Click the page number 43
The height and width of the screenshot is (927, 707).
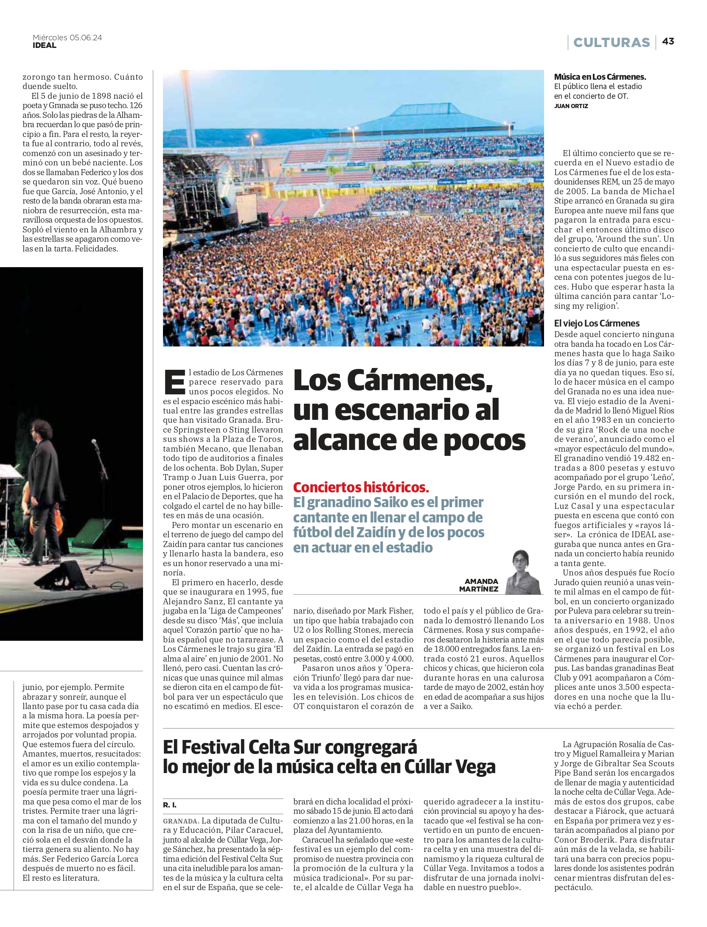pyautogui.click(x=668, y=41)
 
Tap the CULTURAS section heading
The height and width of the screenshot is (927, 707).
pyautogui.click(x=611, y=42)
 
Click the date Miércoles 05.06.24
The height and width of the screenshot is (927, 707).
pyautogui.click(x=67, y=37)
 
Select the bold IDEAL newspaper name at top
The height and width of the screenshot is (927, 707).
pyautogui.click(x=45, y=45)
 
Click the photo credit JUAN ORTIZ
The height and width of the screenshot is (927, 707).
pyautogui.click(x=571, y=106)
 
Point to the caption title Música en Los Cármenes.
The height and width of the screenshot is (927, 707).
pyautogui.click(x=600, y=77)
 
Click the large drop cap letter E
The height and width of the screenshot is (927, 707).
pyautogui.click(x=174, y=382)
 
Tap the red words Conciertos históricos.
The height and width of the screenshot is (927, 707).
pyautogui.click(x=361, y=487)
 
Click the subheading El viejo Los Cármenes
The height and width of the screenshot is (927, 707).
pyautogui.click(x=596, y=323)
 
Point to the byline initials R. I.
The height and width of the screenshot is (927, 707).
pyautogui.click(x=169, y=804)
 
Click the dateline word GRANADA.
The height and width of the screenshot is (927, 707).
pyautogui.click(x=181, y=821)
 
